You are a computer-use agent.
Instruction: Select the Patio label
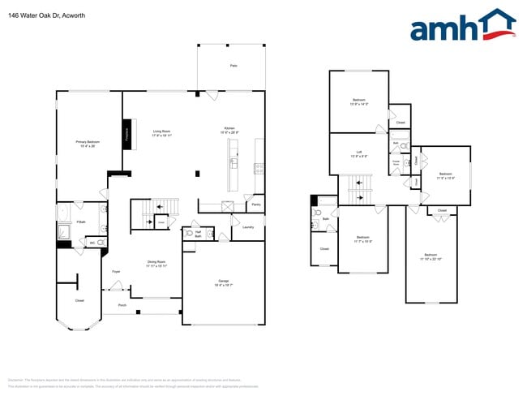[233, 65]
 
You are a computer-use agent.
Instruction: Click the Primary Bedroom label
[88, 143]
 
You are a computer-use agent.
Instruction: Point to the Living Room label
[161, 132]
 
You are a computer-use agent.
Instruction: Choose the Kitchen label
[229, 131]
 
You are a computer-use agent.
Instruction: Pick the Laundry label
[248, 228]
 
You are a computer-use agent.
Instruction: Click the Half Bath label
[198, 234]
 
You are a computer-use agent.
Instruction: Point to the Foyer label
[116, 271]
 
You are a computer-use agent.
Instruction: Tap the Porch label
[122, 306]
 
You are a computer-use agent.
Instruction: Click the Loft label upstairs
[358, 153]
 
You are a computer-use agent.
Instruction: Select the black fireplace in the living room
[127, 135]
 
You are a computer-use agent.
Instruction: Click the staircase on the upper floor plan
[359, 192]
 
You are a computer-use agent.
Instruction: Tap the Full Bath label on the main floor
[81, 222]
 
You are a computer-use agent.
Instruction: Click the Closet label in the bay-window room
[79, 300]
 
